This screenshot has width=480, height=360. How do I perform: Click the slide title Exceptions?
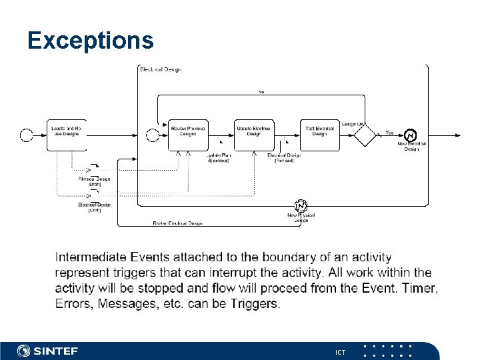[91, 41]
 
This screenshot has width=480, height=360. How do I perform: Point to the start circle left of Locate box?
[27, 135]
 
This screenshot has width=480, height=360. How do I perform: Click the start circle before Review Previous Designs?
[153, 135]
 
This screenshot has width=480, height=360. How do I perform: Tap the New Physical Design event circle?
[301, 205]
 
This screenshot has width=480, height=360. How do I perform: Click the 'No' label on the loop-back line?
[261, 91]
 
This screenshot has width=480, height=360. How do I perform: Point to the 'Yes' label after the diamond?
[389, 132]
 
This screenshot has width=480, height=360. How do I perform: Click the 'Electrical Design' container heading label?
[160, 69]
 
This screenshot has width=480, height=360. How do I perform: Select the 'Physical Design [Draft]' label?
[94, 181]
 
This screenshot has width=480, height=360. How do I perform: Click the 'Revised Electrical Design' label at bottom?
[177, 223]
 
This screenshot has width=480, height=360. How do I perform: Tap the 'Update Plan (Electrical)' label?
[218, 158]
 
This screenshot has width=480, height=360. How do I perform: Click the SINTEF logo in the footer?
[48, 351]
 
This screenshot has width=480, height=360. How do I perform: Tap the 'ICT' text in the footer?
[340, 351]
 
